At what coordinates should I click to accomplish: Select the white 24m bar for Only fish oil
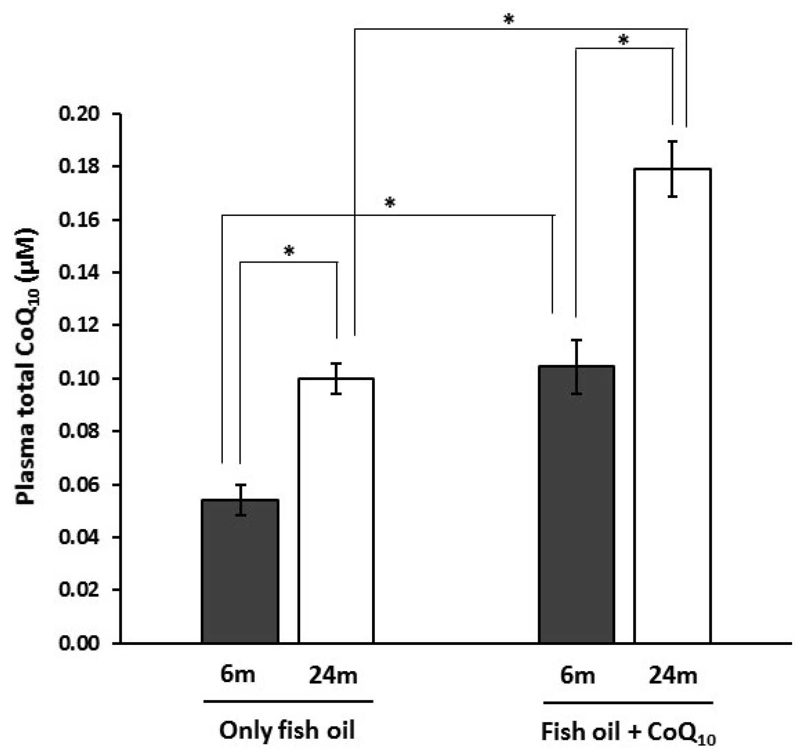point(336,510)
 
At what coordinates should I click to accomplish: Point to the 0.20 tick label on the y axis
point(79,114)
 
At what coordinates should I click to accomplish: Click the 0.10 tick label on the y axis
point(79,378)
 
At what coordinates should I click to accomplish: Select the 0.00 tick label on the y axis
point(79,643)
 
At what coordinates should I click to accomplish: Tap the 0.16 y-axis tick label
point(79,220)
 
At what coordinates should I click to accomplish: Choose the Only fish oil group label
point(287,730)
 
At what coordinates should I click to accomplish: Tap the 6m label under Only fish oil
point(238,675)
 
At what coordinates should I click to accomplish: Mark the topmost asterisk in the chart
point(509,20)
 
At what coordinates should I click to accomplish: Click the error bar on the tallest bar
point(673,169)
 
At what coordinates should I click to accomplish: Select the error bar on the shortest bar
point(240,500)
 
